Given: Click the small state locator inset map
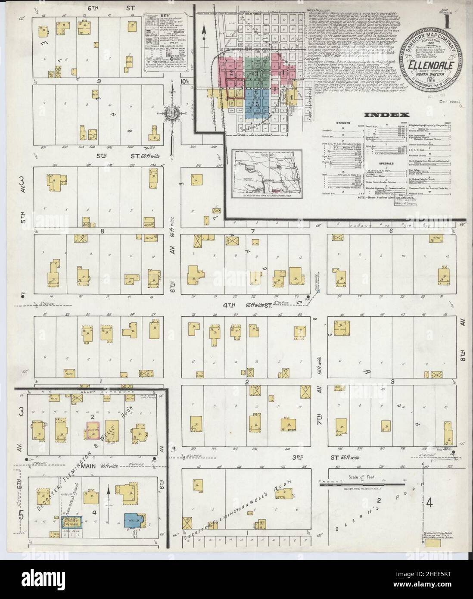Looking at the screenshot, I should click(267, 174).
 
